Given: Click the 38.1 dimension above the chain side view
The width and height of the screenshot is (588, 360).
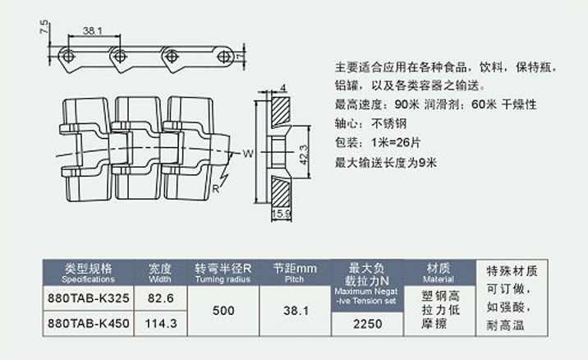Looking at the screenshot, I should [91, 31].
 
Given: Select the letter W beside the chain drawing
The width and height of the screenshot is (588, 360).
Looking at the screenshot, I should [247, 153].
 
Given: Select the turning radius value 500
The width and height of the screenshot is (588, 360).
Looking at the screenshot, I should [223, 312].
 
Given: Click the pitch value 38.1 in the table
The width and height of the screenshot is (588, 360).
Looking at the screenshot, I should [295, 312].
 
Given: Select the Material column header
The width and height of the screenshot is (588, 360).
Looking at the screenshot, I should [438, 272].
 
